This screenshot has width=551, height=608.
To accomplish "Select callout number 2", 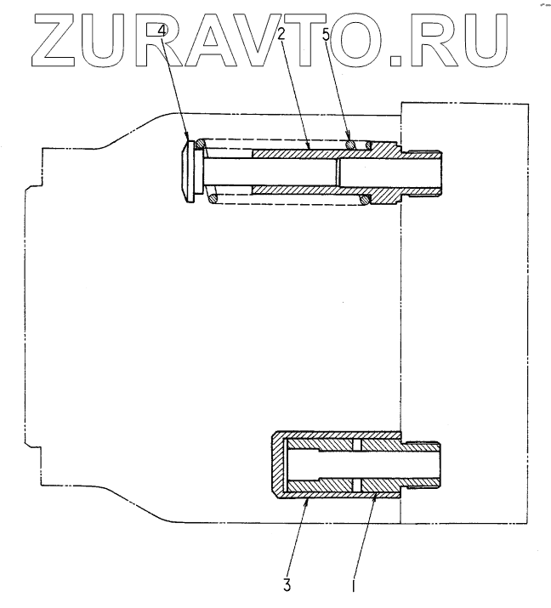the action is click(x=281, y=35).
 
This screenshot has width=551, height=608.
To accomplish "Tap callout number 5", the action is click(x=327, y=35).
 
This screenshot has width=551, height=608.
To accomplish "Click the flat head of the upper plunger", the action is click(x=189, y=170).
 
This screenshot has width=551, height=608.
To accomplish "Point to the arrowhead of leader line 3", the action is click(x=306, y=501).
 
